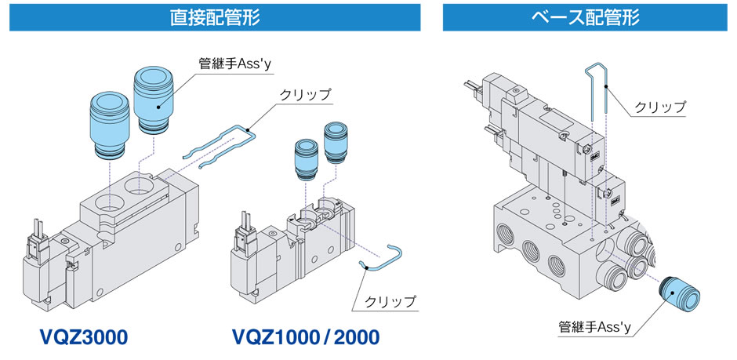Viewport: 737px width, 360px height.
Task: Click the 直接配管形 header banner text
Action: (215, 17)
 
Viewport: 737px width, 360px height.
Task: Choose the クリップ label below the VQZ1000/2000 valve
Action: (390, 300)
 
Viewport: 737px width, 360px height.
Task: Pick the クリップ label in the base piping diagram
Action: (659, 107)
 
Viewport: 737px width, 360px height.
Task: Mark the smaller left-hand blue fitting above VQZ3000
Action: (108, 122)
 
